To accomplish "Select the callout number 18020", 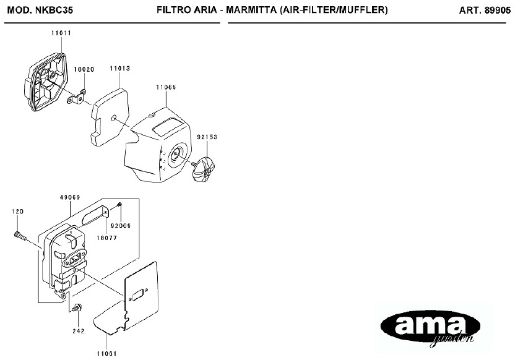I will (x=84, y=69).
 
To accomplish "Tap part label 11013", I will (x=119, y=69).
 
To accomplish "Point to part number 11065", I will (x=166, y=88).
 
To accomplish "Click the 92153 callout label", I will (x=207, y=136).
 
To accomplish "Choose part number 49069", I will (x=70, y=197).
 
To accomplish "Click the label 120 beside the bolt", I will (x=17, y=212).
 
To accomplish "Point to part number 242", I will (x=79, y=331).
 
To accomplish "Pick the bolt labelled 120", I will (x=20, y=236).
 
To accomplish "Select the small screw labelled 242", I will (x=78, y=308).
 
